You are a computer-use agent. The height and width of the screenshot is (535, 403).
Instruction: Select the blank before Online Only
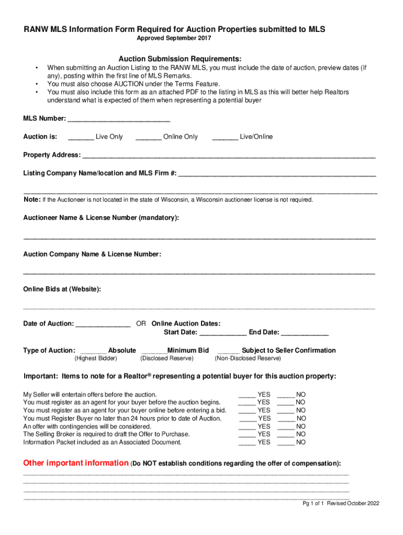coord(148,137)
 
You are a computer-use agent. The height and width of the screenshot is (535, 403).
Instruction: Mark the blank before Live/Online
coord(225,137)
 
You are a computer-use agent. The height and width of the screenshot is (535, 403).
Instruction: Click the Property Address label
coord(52,155)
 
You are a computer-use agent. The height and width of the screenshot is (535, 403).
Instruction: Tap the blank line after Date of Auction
coord(103,324)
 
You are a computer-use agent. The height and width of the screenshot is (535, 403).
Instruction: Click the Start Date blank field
coord(223,333)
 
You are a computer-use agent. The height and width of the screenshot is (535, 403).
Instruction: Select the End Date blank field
coord(305,333)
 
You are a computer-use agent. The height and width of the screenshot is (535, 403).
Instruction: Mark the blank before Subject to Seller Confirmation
coord(228,351)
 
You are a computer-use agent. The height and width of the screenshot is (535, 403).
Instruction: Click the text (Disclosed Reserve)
coord(166,358)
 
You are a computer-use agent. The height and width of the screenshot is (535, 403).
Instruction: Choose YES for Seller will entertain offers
coord(247,395)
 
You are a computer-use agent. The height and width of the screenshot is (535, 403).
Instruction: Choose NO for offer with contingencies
coord(286,427)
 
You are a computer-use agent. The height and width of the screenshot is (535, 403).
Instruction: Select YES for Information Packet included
coord(247,443)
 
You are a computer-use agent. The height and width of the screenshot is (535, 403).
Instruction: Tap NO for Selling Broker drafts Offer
coord(286,435)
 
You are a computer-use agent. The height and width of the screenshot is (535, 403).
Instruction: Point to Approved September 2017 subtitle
coord(174,39)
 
